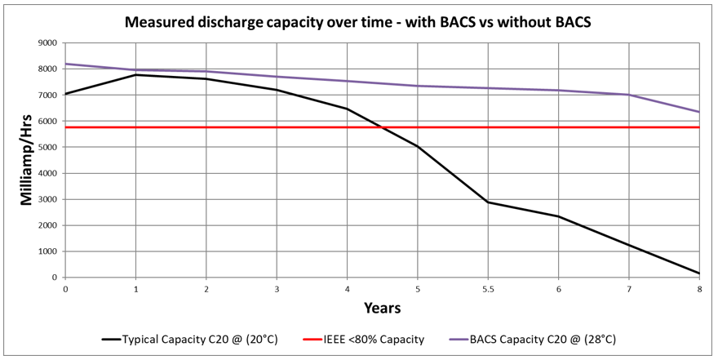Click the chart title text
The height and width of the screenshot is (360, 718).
pos(358,21)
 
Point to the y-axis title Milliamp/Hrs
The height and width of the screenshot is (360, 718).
pos(26,161)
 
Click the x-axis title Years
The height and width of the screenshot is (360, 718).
pos(382,309)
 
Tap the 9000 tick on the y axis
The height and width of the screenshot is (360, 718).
pos(46,42)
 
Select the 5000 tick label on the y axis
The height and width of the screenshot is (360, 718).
pos(46,147)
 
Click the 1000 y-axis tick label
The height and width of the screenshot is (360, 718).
pos(46,251)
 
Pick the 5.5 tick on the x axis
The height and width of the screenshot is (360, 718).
pos(488,290)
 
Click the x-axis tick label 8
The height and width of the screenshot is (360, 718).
pos(699,290)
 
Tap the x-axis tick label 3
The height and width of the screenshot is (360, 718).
pos(277,290)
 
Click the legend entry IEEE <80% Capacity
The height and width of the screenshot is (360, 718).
pos(363,339)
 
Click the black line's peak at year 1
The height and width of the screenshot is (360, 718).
pos(135,74)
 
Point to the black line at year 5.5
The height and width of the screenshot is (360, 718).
pos(488,202)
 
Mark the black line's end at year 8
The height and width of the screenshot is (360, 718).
pos(699,273)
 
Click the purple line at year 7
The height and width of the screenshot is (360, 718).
pos(629,95)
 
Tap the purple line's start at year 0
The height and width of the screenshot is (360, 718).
pos(65,64)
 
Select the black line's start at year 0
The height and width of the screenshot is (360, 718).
pos(65,94)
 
